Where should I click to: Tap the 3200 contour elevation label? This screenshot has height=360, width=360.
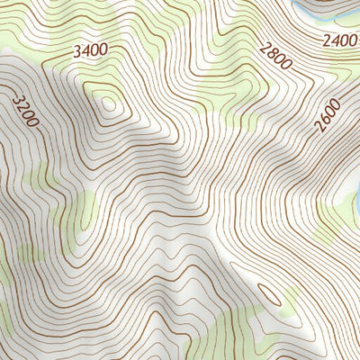(25, 106)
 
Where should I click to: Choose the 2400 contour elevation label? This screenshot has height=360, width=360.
(341, 40)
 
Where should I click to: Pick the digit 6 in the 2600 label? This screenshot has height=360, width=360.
(325, 120)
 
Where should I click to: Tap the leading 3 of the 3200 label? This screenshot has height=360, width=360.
(17, 94)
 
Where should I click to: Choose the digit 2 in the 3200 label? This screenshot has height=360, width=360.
(22, 102)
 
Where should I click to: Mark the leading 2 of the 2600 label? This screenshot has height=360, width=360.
(319, 128)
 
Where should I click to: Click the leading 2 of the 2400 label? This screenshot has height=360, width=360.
(328, 41)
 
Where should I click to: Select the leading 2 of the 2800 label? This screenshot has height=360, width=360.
(265, 46)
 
